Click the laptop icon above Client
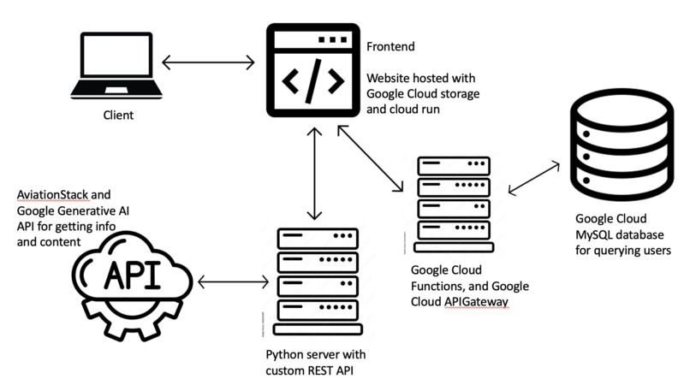click(x=111, y=67)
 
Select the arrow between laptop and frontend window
click(x=209, y=62)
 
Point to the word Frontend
click(x=391, y=44)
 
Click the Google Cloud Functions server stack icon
click(x=453, y=203)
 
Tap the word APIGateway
click(x=475, y=300)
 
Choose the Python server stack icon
click(x=317, y=280)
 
